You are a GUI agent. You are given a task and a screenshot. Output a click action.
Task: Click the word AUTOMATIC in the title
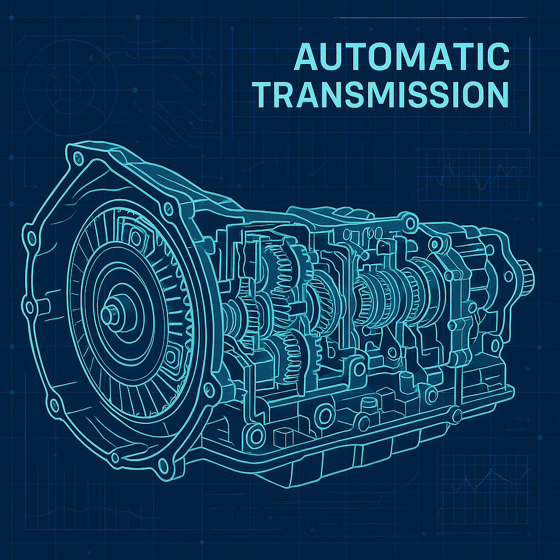coord(402,56)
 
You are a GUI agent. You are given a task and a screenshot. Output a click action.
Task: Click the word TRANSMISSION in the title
coord(381,94)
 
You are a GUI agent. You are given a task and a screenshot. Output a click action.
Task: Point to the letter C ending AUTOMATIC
coord(498,56)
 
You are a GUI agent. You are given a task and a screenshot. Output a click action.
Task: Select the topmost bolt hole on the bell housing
coord(77,158)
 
